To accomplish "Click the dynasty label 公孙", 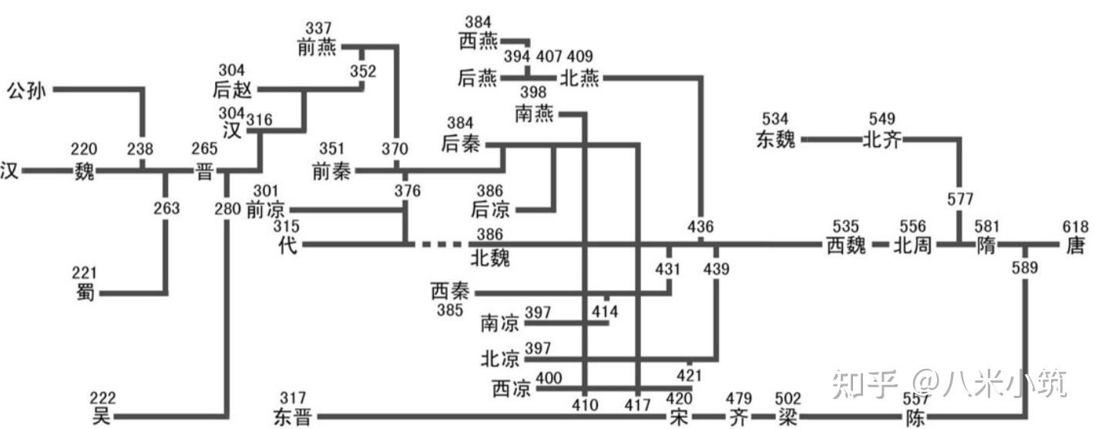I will coord(26,90).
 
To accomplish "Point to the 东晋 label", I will coord(291,417).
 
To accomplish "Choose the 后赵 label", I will coord(232,90).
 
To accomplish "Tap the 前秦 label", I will coord(331,171).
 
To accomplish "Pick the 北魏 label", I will coord(490,257).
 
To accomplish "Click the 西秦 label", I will coord(450,292).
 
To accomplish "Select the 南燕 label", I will coord(536,114).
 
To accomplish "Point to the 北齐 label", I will coord(882,140).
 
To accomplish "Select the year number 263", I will coord(166,208).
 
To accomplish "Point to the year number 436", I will coord(700,227).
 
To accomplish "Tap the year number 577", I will coord(959,199).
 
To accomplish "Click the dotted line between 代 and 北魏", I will coord(441,245).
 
